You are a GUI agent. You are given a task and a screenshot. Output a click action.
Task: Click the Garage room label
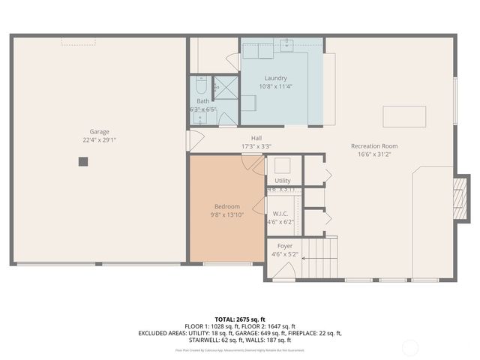click(100, 130)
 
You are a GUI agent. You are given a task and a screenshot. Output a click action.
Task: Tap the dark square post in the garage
click(83, 160)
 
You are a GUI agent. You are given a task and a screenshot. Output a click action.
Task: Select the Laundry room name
click(275, 78)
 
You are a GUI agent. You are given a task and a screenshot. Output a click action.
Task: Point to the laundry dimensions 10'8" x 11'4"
click(275, 86)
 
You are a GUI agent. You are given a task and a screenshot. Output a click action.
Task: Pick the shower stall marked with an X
click(225, 88)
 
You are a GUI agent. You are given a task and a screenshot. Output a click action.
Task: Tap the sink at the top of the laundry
click(287, 46)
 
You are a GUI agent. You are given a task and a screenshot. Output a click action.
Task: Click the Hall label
click(256, 138)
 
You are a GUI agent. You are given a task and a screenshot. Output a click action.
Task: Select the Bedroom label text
click(227, 206)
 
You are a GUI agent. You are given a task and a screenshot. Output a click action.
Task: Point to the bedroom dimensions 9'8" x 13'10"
click(227, 215)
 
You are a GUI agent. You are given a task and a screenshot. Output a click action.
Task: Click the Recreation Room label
click(374, 145)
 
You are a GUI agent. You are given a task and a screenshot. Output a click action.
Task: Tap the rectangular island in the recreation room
click(404, 117)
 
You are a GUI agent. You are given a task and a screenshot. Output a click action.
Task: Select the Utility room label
click(283, 181)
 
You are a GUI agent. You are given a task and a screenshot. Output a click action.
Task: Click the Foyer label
click(285, 246)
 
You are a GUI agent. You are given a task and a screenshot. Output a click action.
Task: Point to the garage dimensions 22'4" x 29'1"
click(100, 139)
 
